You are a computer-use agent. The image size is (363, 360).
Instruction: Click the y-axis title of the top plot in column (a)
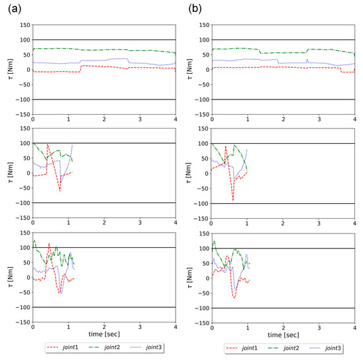7,69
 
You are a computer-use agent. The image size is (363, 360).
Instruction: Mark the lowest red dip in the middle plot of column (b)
233,200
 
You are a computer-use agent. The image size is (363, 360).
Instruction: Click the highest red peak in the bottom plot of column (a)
49,243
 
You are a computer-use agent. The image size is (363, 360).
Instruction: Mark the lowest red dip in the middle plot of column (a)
59,191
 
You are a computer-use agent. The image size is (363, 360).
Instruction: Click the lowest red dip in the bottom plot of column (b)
234,298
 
